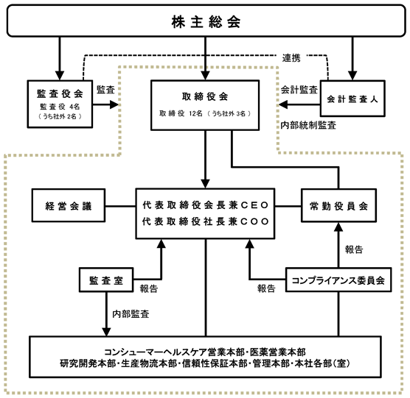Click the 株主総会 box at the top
click(x=206, y=21)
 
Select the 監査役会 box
click(x=60, y=104)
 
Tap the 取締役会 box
click(x=205, y=105)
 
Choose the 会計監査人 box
click(x=352, y=99)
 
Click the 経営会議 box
click(x=69, y=205)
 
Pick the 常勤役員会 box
click(x=338, y=205)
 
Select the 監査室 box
click(x=106, y=280)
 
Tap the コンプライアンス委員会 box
click(x=338, y=280)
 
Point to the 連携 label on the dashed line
click(x=291, y=58)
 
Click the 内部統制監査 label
click(x=308, y=126)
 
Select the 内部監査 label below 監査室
click(x=131, y=313)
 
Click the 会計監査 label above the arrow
click(x=299, y=90)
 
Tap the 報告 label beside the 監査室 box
click(x=149, y=288)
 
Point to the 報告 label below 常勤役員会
click(x=354, y=249)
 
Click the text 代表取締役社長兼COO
click(x=205, y=221)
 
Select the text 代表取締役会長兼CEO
click(x=205, y=205)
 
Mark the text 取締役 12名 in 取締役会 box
click(x=181, y=113)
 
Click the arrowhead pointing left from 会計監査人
click(x=283, y=105)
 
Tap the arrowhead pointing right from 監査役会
click(x=114, y=105)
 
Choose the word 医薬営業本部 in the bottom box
click(x=278, y=352)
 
